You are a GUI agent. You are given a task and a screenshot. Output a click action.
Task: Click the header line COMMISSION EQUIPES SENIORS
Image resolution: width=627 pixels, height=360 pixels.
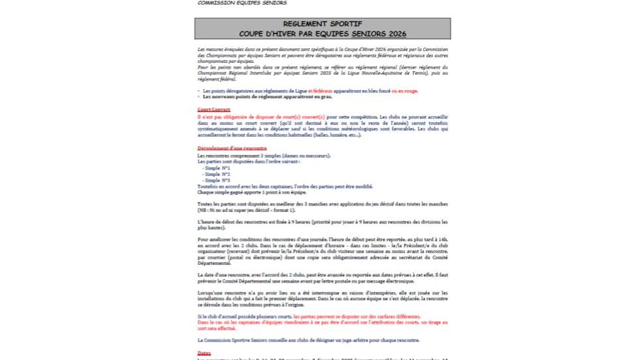242,3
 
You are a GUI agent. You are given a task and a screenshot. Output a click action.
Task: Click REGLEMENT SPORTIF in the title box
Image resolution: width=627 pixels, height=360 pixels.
322,24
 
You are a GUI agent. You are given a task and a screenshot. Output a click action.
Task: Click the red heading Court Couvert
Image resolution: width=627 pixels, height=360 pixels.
214,110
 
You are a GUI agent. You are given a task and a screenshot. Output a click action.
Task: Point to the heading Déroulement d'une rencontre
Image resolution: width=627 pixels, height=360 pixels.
232,148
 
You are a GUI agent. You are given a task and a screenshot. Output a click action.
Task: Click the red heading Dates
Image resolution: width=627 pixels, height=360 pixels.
204,353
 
